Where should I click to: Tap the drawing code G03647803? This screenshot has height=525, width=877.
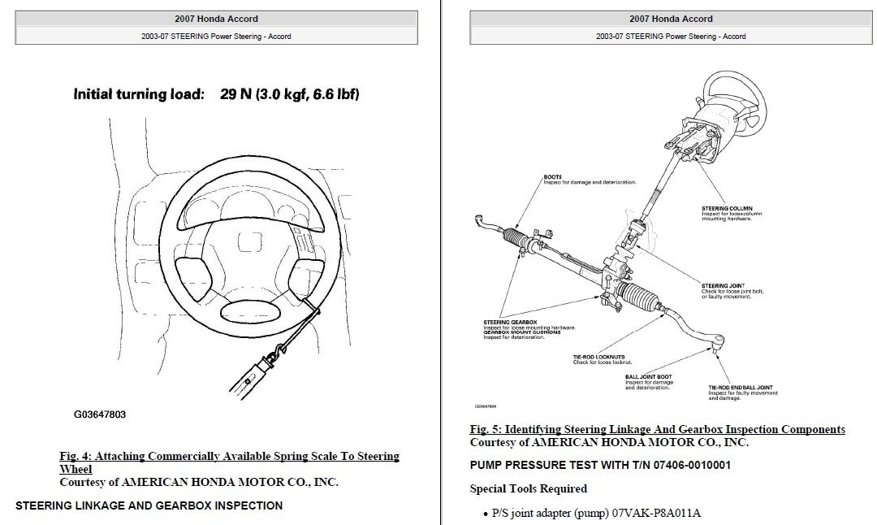[100, 414]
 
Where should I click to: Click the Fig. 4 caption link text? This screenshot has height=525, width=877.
[229, 457]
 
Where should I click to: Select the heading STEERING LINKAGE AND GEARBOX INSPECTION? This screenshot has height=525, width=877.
[149, 505]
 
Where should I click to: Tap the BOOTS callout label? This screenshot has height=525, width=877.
[552, 176]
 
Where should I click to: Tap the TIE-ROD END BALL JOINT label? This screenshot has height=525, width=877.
[740, 388]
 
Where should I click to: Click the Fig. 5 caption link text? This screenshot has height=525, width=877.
[657, 429]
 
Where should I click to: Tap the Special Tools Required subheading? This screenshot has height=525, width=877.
[528, 488]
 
